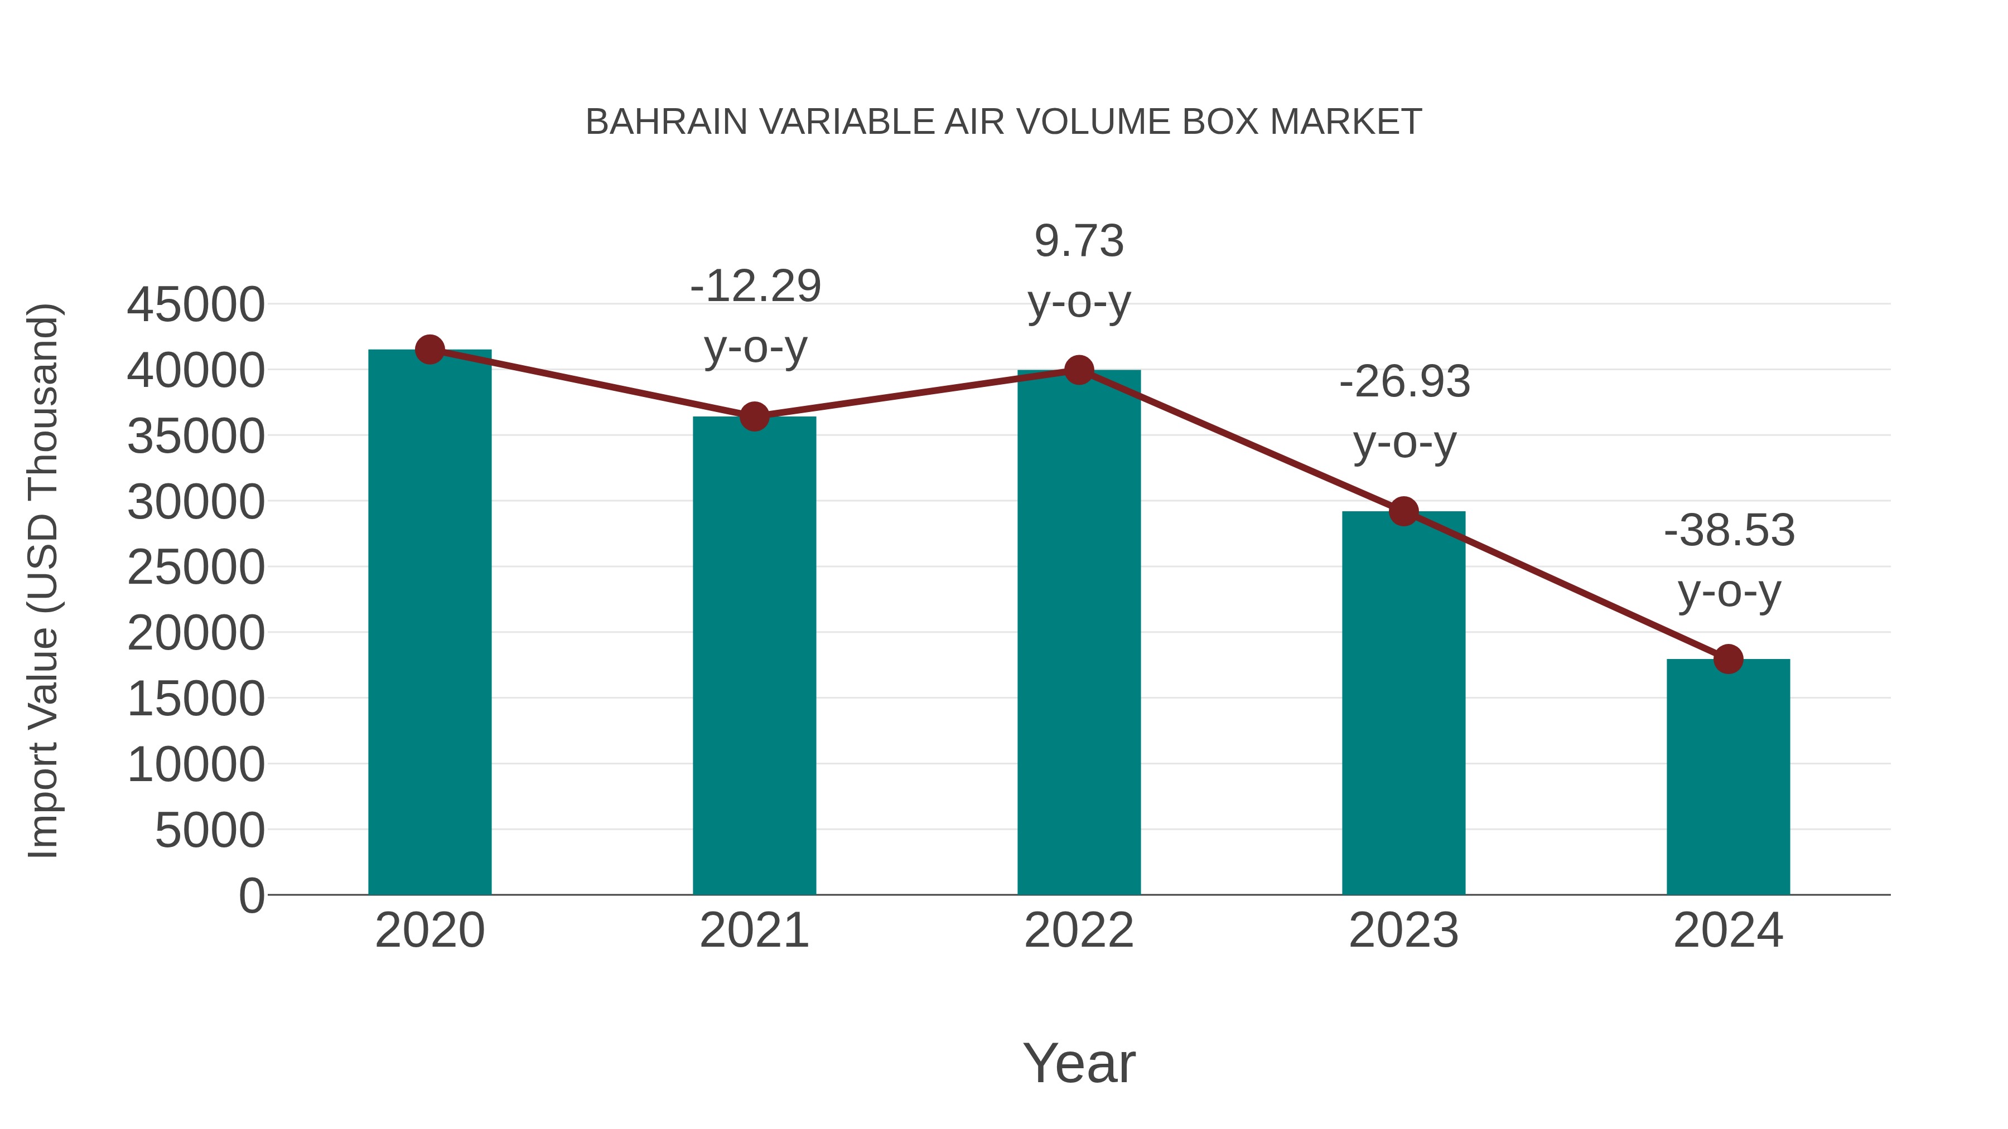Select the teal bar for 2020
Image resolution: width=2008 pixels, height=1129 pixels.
pos(429,623)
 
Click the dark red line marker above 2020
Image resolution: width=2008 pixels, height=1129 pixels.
pos(429,350)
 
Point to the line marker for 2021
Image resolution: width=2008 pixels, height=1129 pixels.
pos(754,417)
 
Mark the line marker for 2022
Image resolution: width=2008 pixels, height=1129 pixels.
pos(1079,370)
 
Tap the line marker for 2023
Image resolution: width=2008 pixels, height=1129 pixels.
pos(1403,512)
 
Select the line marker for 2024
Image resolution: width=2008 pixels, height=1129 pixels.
pos(1728,659)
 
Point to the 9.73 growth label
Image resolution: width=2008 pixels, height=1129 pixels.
pos(1079,241)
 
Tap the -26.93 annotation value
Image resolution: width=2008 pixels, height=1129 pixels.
pos(1404,382)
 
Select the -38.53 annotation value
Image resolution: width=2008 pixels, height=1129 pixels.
pos(1729,531)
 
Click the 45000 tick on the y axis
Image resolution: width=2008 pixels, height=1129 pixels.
pos(196,304)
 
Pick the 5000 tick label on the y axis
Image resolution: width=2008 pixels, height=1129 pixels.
pos(210,831)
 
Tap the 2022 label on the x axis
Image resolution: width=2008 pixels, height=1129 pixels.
pos(1079,931)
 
